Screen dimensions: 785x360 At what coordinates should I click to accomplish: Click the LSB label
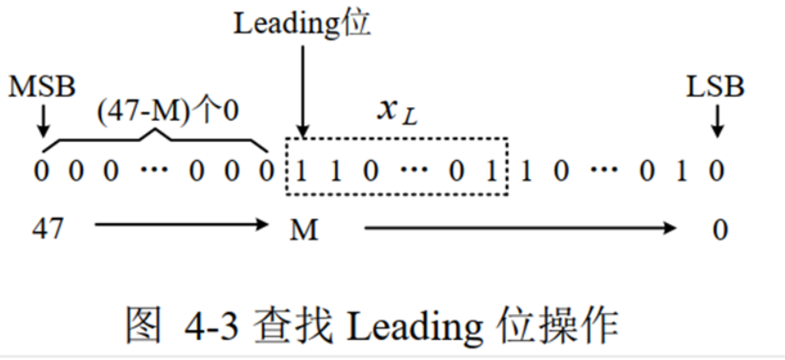[716, 87]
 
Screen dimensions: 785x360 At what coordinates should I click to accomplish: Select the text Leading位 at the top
[302, 23]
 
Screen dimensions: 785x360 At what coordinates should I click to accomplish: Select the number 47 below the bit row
[48, 229]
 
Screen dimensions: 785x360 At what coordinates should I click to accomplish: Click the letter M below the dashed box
[304, 230]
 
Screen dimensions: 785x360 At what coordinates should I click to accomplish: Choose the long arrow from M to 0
[519, 229]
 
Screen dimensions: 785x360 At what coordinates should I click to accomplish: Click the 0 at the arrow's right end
[718, 230]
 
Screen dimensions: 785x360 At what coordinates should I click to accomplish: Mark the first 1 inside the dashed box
[302, 171]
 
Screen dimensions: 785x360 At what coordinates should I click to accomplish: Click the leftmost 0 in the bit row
[42, 171]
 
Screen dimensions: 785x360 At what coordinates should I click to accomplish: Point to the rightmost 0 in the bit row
[717, 171]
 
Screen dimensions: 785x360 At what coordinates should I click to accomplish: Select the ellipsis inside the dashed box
[408, 171]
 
